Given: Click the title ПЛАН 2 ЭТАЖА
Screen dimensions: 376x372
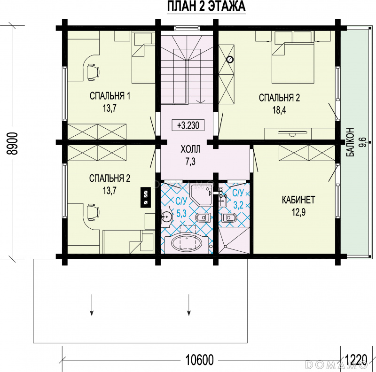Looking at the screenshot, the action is pyautogui.click(x=206, y=6).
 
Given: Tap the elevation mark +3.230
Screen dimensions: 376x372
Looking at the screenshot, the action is pyautogui.click(x=188, y=125).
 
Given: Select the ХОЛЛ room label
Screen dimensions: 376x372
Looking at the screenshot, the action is pyautogui.click(x=190, y=149).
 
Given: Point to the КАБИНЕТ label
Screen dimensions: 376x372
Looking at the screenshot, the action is pyautogui.click(x=298, y=200).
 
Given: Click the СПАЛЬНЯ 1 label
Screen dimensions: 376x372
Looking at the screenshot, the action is pyautogui.click(x=110, y=96).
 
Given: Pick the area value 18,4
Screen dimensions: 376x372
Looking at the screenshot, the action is pyautogui.click(x=279, y=110).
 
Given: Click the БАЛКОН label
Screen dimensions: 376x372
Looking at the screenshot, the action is pyautogui.click(x=350, y=142).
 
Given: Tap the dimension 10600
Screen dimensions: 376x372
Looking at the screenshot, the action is pyautogui.click(x=199, y=360).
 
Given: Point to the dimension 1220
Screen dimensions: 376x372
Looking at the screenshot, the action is pyautogui.click(x=356, y=360).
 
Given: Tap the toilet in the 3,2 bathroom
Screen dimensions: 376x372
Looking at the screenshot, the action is pyautogui.click(x=229, y=217).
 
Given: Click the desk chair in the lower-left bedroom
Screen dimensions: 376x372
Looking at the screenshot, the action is pyautogui.click(x=92, y=212).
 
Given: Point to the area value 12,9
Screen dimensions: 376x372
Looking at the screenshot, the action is pyautogui.click(x=298, y=212).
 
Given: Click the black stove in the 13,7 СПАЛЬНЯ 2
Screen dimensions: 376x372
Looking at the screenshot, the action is pyautogui.click(x=146, y=197).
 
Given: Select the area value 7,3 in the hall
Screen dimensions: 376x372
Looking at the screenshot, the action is pyautogui.click(x=190, y=162).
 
